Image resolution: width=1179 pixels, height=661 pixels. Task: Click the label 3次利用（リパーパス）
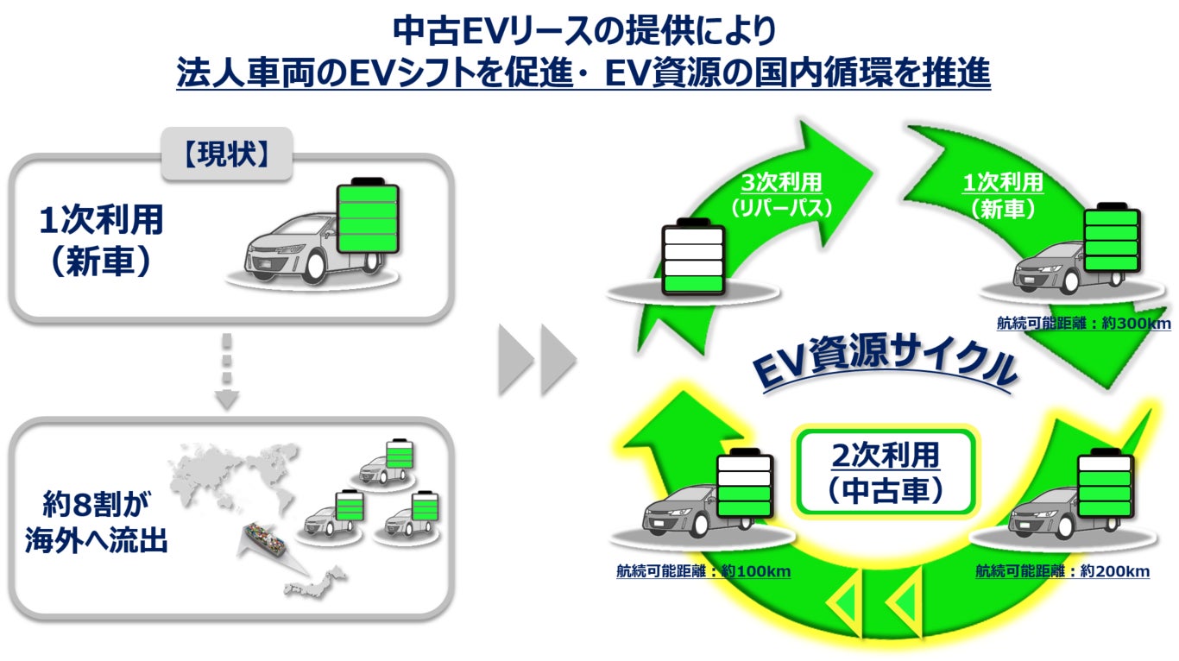click(781, 195)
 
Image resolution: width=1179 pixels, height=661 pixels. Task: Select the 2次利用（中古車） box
click(884, 472)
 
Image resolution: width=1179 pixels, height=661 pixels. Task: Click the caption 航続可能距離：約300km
click(1083, 323)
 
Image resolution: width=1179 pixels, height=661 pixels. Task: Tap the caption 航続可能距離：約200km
click(1062, 571)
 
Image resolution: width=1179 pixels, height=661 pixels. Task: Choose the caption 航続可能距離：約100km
click(703, 571)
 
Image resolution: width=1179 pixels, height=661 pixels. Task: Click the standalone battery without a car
click(691, 259)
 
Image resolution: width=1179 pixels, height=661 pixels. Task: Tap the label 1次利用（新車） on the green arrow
click(1002, 195)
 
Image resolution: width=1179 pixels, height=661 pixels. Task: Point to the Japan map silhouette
click(316, 584)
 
